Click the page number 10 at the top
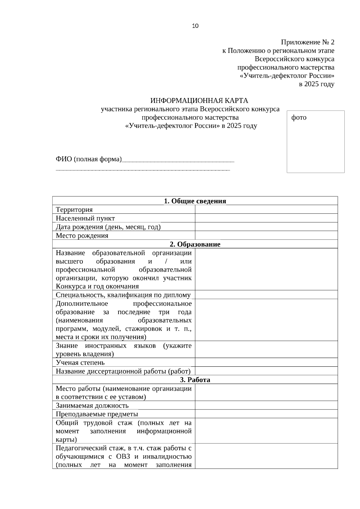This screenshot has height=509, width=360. (195, 26)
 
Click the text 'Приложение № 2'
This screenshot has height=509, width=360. (307, 42)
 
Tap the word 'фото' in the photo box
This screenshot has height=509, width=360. (299, 118)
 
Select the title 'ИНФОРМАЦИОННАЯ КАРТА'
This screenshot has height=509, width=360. (199, 100)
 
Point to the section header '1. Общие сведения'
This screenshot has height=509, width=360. (195, 201)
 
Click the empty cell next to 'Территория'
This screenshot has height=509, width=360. (266, 210)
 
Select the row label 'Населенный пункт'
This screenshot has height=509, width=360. (85, 218)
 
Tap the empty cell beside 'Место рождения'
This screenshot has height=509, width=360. (266, 235)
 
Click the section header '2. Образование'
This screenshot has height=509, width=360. (195, 244)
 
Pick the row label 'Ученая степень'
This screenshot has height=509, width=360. (80, 363)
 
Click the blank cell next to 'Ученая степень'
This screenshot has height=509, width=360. (266, 363)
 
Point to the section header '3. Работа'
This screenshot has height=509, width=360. (195, 380)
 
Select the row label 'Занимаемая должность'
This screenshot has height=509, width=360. (92, 406)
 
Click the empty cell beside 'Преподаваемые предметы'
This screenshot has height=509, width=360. (266, 414)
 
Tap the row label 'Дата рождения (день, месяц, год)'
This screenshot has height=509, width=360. (108, 227)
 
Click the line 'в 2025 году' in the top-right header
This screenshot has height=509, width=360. (316, 84)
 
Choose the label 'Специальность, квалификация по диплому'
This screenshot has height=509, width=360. (123, 295)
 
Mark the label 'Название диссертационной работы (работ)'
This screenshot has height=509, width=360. (123, 371)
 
